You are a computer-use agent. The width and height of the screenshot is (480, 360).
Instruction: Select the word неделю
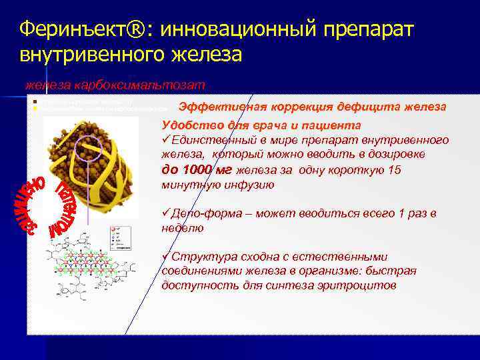tap(183, 227)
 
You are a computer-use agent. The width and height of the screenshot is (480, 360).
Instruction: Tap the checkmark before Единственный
tap(166, 140)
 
